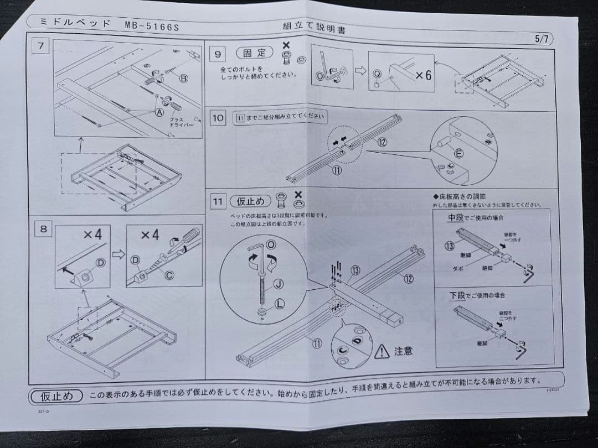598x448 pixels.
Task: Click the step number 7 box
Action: [40, 46]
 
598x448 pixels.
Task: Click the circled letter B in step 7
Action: [184, 78]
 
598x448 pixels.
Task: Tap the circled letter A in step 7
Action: [160, 112]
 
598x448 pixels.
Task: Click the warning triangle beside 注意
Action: [382, 351]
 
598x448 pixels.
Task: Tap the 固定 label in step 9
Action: [255, 53]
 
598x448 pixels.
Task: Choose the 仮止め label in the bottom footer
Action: [56, 397]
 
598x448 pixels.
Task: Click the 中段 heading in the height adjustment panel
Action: [456, 217]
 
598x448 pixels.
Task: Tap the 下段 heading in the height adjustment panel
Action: [456, 296]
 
